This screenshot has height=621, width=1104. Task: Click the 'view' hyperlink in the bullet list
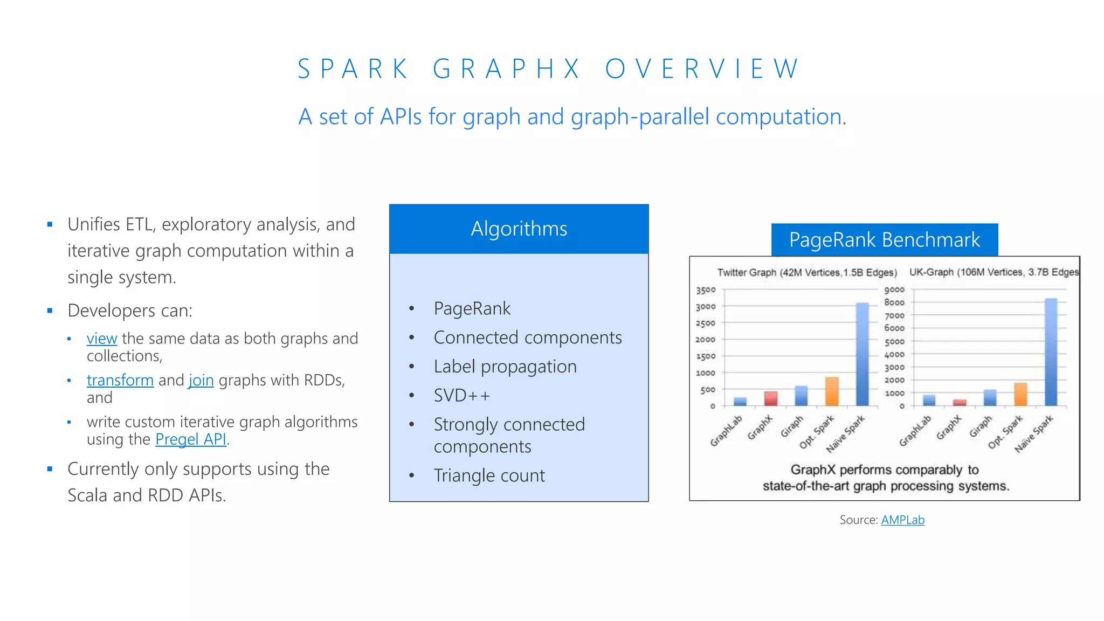pos(101,339)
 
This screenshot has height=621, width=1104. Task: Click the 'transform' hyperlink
pos(120,380)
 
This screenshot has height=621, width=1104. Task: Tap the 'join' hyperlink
pos(201,380)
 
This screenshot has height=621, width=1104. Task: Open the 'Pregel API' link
pos(191,439)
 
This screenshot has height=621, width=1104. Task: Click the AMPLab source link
pos(902,520)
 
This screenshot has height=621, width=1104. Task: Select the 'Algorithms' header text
pos(519,229)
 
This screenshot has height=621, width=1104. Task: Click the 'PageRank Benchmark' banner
pos(884,239)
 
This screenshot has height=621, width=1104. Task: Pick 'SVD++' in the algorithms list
pos(462,396)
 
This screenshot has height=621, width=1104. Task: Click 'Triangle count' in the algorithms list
pos(489,475)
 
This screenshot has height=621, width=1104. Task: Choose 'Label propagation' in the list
pos(505,367)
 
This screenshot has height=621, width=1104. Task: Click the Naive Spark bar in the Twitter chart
pos(862,356)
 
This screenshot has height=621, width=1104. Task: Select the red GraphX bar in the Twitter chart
pos(770,398)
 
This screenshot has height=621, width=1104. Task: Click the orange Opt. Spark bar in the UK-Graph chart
pos(1020,395)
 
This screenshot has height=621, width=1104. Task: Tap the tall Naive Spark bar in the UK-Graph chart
pos(1051,353)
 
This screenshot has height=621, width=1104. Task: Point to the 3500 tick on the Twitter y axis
pos(706,290)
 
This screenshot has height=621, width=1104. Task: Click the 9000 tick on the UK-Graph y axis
pos(894,289)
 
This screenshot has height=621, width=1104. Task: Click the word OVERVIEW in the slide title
pos(702,69)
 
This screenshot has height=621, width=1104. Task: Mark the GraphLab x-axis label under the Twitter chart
pos(726,431)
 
